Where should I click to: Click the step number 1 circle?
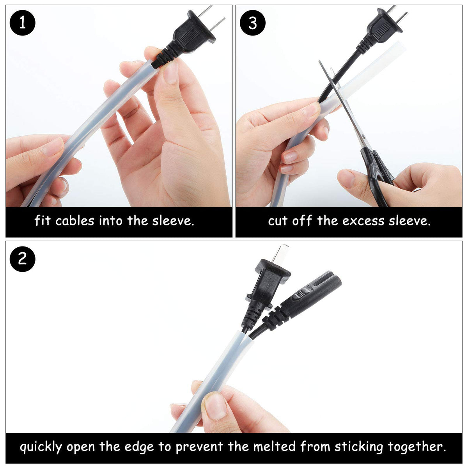pos(22,23)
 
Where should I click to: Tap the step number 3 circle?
pos(253,23)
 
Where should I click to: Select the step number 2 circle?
pos(22,259)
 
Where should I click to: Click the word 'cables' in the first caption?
pos(74,221)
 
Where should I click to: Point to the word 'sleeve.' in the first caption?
pos(173,221)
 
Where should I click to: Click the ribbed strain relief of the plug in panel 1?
pos(165,56)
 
